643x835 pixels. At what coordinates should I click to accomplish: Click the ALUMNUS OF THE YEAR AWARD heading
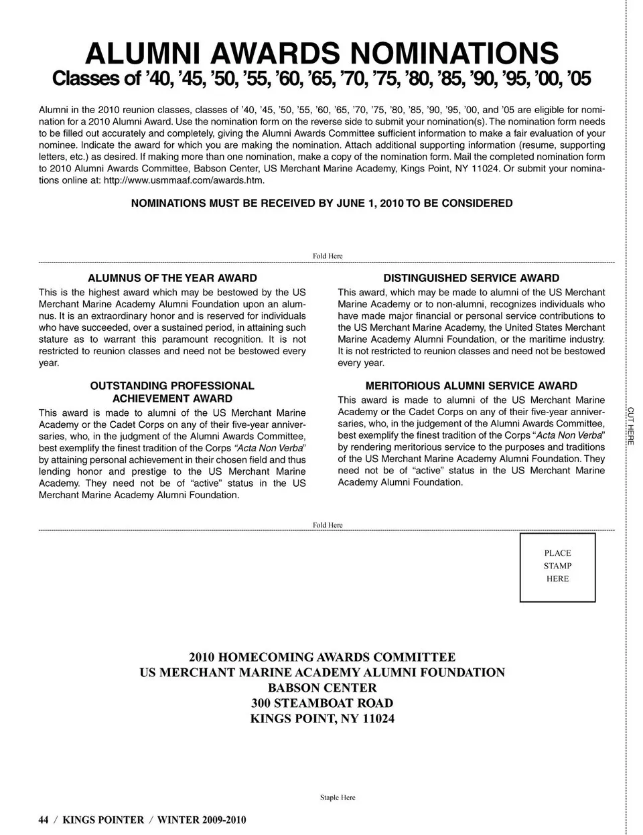click(172, 278)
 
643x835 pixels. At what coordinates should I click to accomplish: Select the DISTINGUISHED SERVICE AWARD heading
click(471, 278)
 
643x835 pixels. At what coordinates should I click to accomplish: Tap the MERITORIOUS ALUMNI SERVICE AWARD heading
click(471, 386)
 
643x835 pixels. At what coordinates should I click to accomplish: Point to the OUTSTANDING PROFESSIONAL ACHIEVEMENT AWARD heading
click(172, 392)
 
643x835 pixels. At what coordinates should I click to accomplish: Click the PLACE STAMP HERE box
click(557, 566)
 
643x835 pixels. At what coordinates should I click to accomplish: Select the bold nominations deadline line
click(321, 203)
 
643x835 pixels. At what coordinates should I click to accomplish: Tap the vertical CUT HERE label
click(630, 425)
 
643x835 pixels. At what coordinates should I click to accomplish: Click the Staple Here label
click(338, 798)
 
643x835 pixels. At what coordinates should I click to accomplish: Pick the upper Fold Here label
click(328, 256)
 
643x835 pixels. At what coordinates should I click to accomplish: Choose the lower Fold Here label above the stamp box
click(328, 525)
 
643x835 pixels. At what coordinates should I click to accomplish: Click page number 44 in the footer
click(44, 820)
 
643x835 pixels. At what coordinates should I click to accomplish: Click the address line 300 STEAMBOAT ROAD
click(322, 703)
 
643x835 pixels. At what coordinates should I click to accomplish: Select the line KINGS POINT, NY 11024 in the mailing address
click(322, 718)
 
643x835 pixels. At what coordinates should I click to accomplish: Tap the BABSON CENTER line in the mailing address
click(322, 688)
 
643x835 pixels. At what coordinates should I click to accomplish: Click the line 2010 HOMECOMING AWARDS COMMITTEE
click(322, 657)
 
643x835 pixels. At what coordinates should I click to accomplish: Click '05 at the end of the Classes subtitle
click(578, 79)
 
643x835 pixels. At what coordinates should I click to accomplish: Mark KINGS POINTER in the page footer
click(103, 820)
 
